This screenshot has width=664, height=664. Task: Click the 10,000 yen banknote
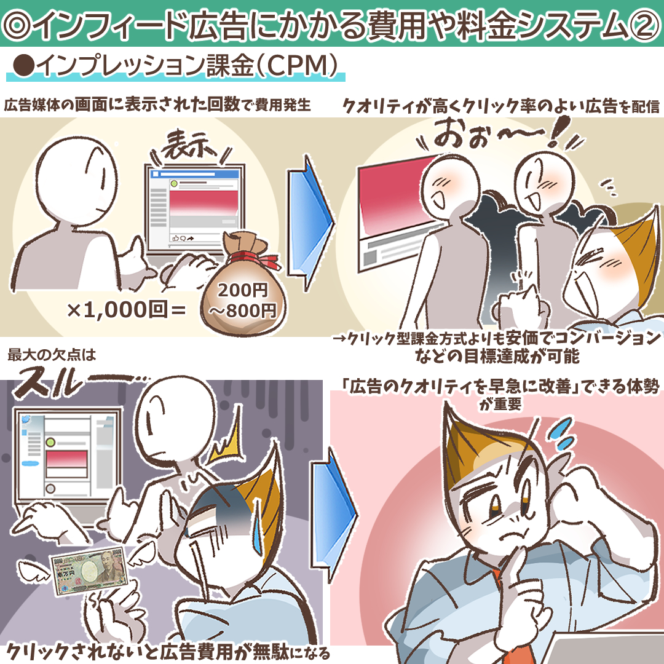[x=89, y=572]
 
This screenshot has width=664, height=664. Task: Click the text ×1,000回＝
[x=126, y=310]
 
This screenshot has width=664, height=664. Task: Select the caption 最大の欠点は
[x=52, y=355]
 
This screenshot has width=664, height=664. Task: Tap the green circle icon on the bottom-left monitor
[x=50, y=442]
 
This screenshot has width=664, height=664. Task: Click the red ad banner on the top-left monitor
[x=204, y=203]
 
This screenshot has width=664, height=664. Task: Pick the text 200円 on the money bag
[x=243, y=290]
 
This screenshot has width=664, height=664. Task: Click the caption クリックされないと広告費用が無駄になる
[x=168, y=651]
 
